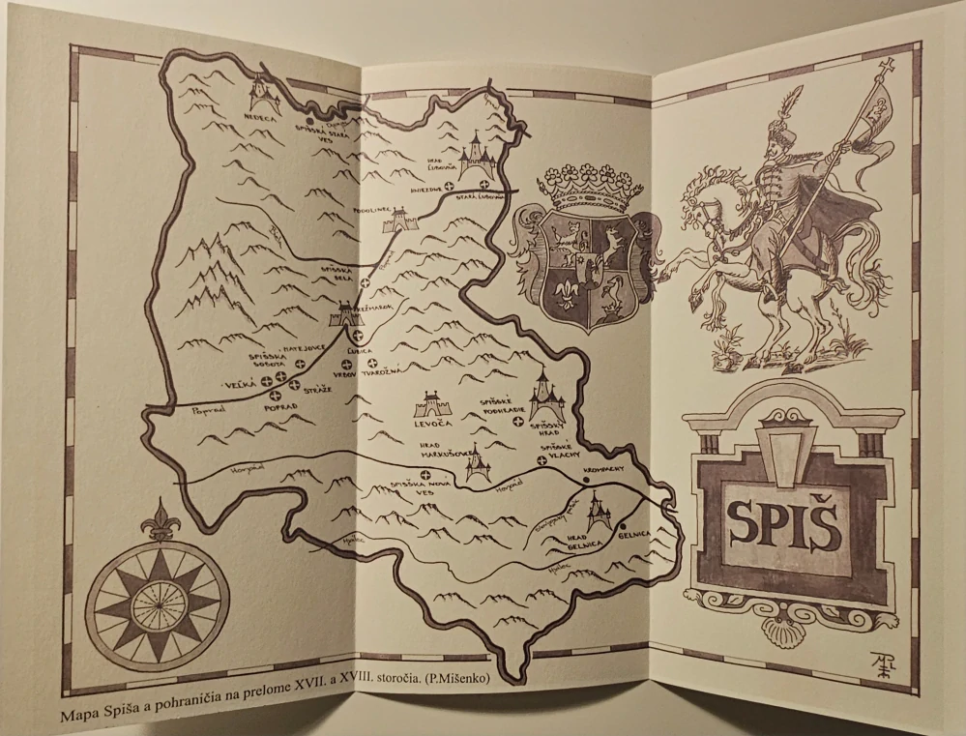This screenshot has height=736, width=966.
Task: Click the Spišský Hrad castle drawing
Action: click(543, 393)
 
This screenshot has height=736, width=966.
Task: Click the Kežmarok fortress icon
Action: click(345, 313)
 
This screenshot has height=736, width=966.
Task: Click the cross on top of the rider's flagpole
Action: click(882, 67)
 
